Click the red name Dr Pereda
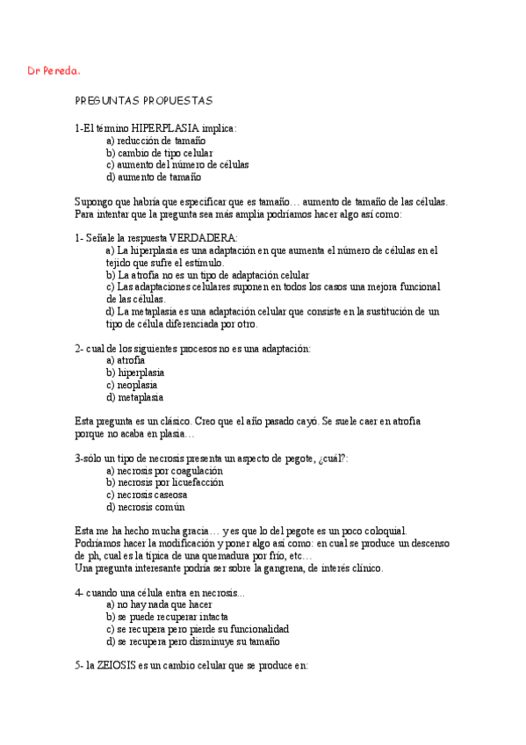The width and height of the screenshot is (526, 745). (54, 70)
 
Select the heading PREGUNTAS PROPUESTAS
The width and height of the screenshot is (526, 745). (143, 101)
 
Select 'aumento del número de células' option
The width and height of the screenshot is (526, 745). (182, 164)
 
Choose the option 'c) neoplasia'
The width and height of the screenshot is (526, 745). (137, 385)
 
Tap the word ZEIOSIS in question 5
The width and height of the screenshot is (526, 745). (113, 666)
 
